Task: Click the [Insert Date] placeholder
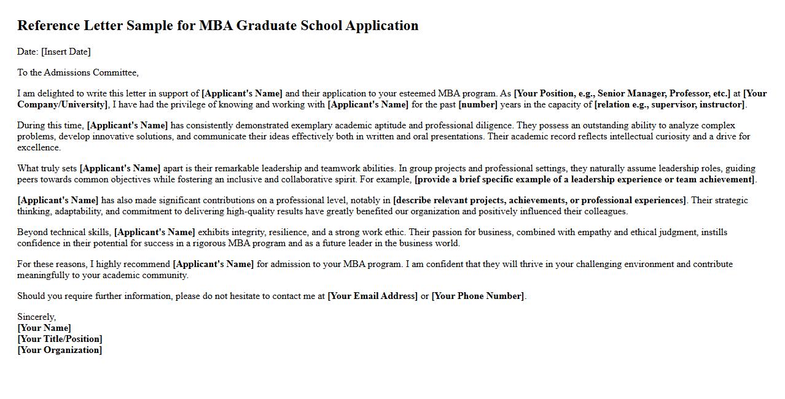pyautogui.click(x=66, y=52)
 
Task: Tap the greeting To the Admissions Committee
pyautogui.click(x=77, y=72)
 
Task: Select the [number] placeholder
pyautogui.click(x=478, y=104)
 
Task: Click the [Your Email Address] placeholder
pyautogui.click(x=372, y=296)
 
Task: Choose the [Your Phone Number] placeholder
pyautogui.click(x=478, y=296)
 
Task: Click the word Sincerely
pyautogui.click(x=36, y=317)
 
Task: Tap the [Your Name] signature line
pyautogui.click(x=44, y=328)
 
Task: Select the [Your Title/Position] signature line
pyautogui.click(x=60, y=339)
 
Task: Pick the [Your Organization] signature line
pyautogui.click(x=60, y=350)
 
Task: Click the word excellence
pyautogui.click(x=39, y=147)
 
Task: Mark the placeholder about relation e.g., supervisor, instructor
pyautogui.click(x=670, y=104)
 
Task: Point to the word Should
pyautogui.click(x=31, y=296)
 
